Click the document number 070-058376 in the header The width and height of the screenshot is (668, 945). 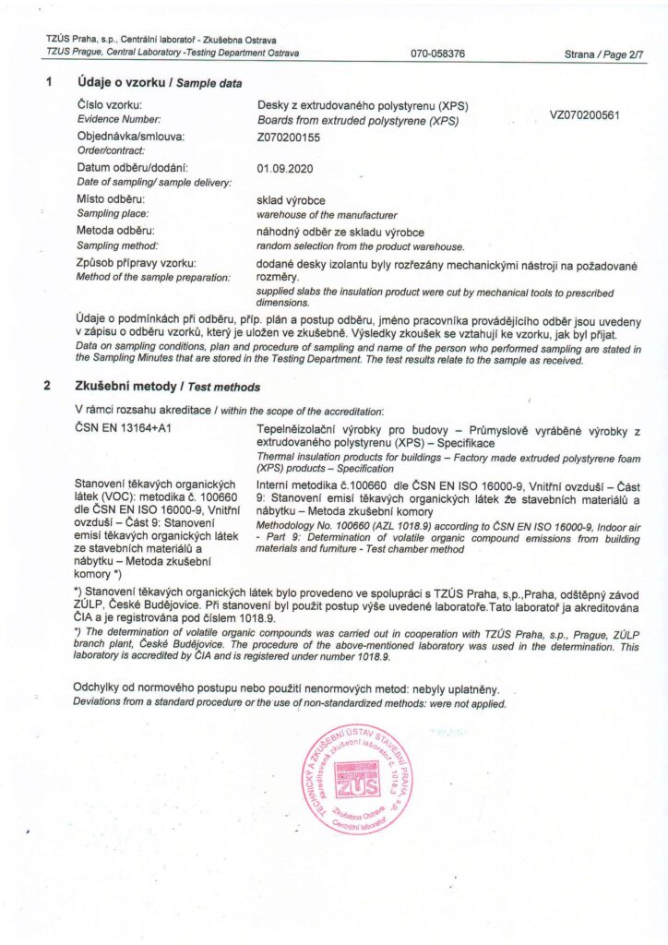click(x=438, y=54)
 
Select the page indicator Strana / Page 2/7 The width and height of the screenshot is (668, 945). click(x=604, y=54)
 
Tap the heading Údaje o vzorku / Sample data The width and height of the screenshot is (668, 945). click(x=160, y=83)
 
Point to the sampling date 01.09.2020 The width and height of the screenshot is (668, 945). click(x=289, y=168)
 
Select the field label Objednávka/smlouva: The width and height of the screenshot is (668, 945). click(x=130, y=137)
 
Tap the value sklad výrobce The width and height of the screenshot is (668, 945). click(x=290, y=199)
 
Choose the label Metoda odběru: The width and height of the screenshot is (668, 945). click(x=115, y=230)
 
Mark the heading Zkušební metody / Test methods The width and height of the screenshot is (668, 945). click(x=168, y=387)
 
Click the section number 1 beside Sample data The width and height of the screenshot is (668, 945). click(x=47, y=83)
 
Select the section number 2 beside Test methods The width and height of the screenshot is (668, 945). click(x=47, y=387)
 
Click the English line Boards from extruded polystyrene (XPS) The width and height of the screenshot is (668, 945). click(x=357, y=120)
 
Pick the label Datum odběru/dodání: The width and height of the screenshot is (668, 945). click(x=132, y=168)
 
